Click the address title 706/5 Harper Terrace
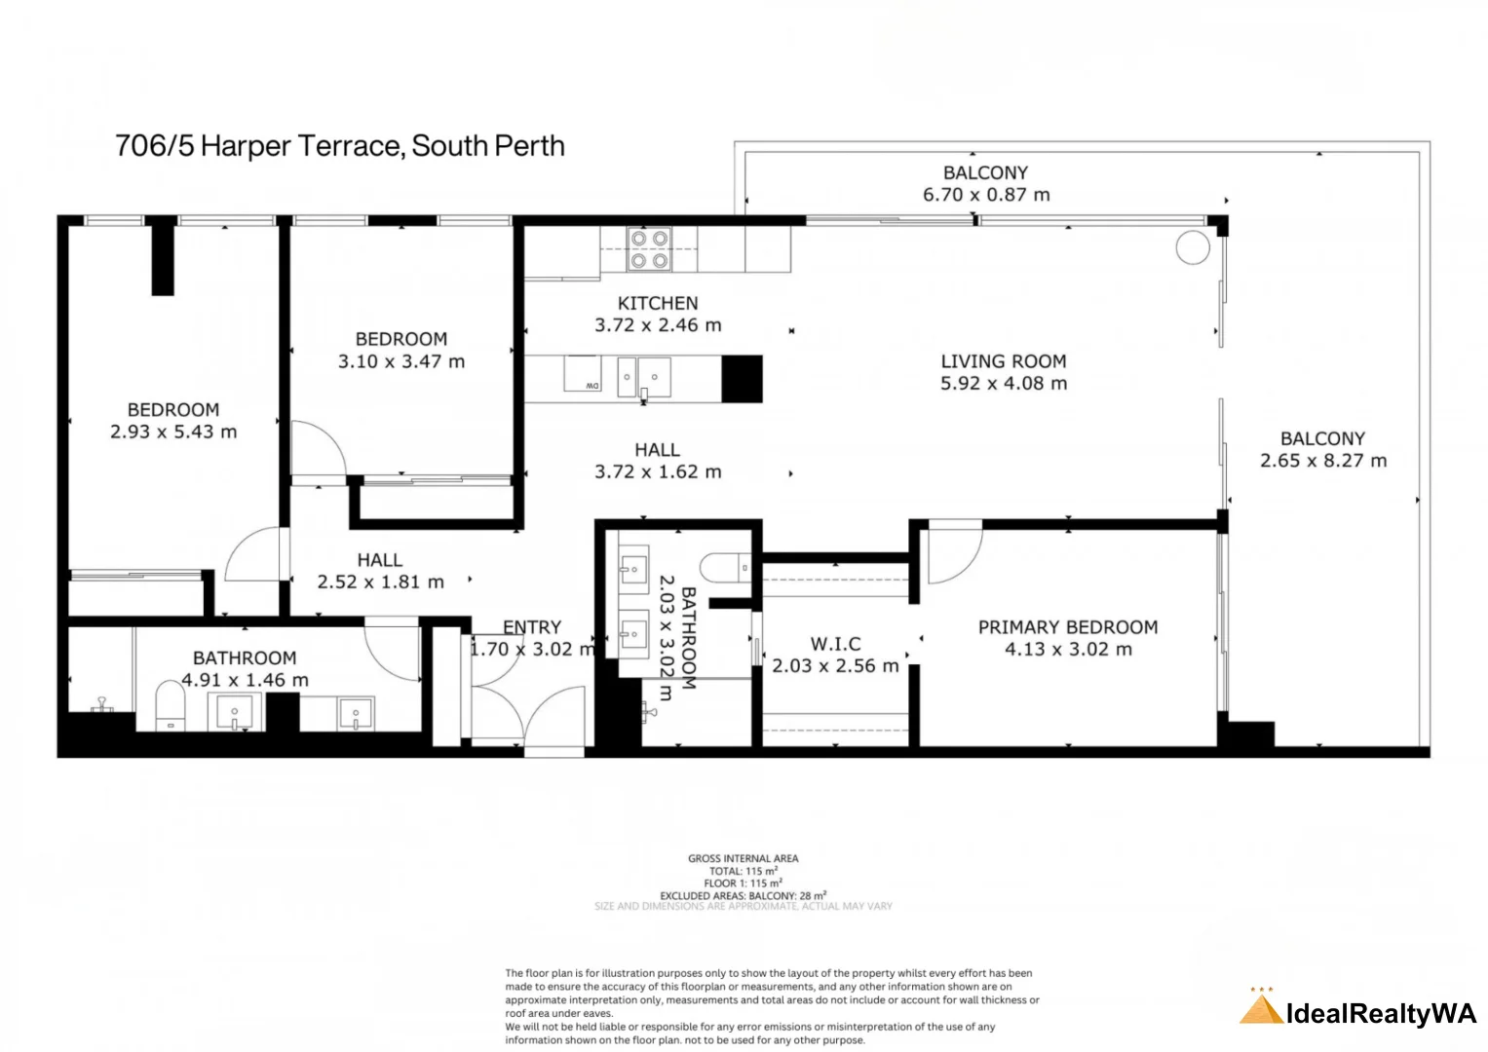[x=339, y=146]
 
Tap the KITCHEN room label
[x=658, y=303]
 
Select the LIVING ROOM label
[x=1003, y=360]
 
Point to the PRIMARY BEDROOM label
[x=1067, y=627]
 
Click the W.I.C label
[x=835, y=644]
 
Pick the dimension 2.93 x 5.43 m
[x=173, y=432]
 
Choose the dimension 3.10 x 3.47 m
[x=401, y=361]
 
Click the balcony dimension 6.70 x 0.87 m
[x=986, y=195]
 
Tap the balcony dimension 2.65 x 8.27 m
[x=1322, y=461]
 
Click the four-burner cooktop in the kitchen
[x=649, y=248]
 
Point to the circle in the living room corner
[x=1192, y=247]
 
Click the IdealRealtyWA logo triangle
[x=1260, y=1008]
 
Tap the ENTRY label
[x=532, y=627]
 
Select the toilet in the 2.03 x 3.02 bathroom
[x=725, y=567]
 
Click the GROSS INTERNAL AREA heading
[x=743, y=858]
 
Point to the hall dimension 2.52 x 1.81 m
[x=380, y=582]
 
